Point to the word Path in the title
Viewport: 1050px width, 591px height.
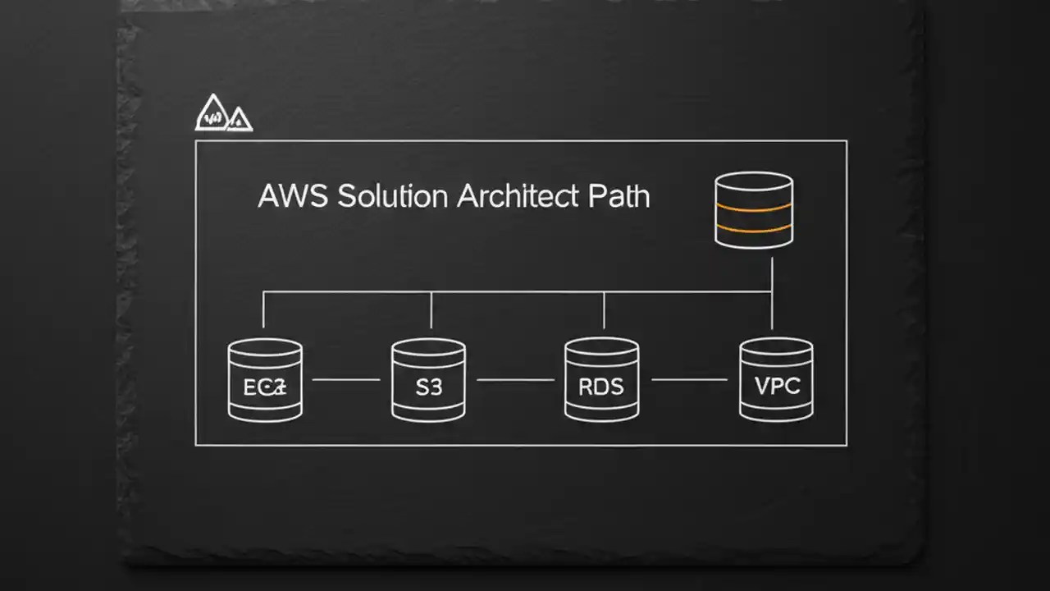tap(619, 197)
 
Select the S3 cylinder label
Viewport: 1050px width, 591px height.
tap(428, 387)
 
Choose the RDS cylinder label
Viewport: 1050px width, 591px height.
tap(601, 387)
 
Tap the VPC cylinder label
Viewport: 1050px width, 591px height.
tap(776, 386)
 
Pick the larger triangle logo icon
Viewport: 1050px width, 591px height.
tap(212, 114)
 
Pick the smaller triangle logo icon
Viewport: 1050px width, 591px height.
tap(238, 120)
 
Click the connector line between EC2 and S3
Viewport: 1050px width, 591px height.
tap(346, 380)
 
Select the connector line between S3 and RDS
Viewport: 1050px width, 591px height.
tap(515, 380)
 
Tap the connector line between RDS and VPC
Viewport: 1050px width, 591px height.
tap(689, 380)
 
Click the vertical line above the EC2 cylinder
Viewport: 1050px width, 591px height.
tap(263, 310)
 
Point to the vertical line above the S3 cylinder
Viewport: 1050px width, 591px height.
tap(431, 310)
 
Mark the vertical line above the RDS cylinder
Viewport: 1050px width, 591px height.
tap(604, 310)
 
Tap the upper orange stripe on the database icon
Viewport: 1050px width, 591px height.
tap(753, 208)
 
